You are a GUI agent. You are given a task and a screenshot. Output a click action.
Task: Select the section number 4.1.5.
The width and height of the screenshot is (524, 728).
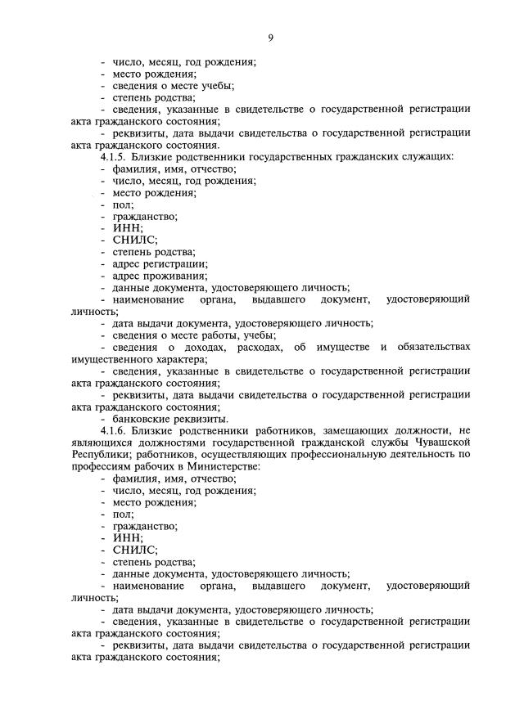pos(115,156)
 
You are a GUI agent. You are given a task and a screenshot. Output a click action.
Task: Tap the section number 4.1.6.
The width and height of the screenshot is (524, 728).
pos(115,430)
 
